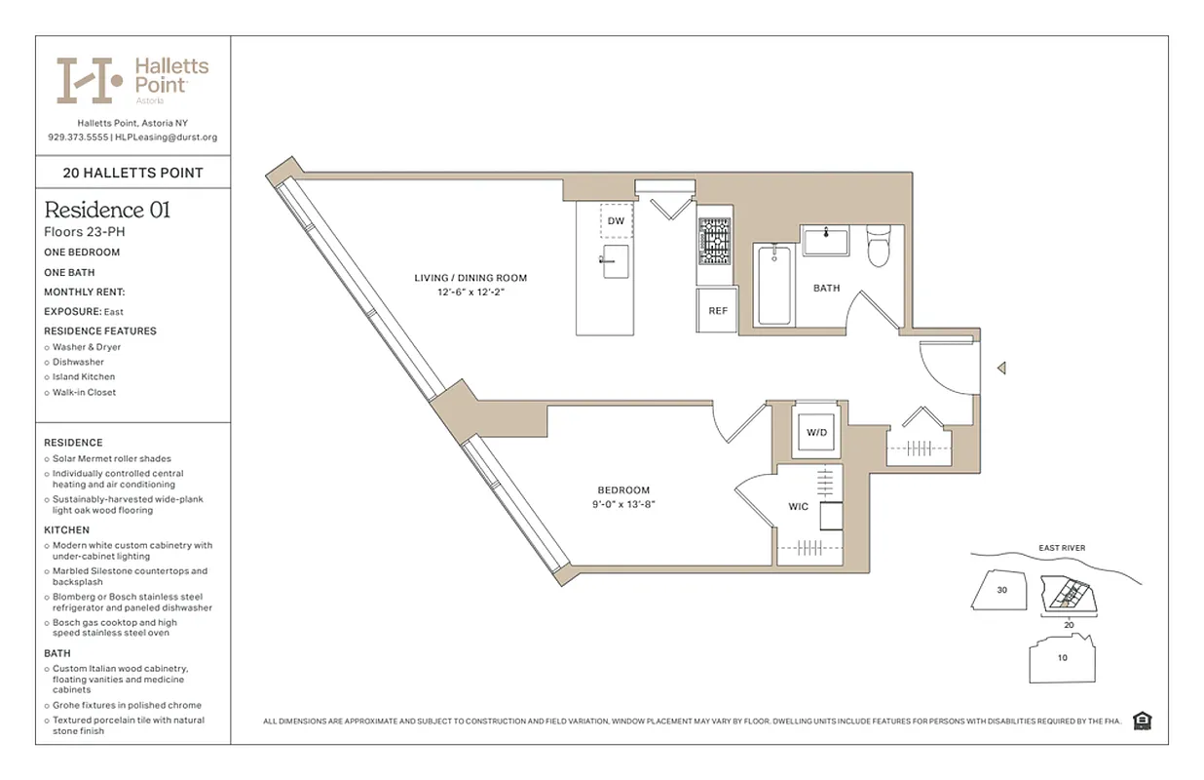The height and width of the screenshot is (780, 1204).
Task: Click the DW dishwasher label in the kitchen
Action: tap(616, 221)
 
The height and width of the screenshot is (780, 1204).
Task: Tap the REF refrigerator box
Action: tap(717, 311)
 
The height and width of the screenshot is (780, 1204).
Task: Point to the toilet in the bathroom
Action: tap(879, 247)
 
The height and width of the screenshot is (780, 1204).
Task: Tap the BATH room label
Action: tap(826, 288)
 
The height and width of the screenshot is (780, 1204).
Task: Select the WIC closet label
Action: tap(799, 507)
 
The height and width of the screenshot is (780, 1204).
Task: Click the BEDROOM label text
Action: tap(623, 490)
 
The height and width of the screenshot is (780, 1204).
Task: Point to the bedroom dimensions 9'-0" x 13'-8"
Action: tap(623, 504)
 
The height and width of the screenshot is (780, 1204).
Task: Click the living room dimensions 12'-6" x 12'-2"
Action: tap(471, 292)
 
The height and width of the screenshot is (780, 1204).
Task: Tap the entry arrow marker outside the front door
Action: tap(1000, 369)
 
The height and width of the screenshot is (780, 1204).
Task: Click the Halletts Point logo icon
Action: tap(89, 80)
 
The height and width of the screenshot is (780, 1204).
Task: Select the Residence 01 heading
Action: tap(107, 210)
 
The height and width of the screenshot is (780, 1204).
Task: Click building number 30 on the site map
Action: tap(1001, 591)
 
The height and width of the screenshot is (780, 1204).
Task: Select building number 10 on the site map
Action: tap(1062, 657)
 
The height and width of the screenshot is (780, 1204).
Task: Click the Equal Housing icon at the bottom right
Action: tap(1143, 721)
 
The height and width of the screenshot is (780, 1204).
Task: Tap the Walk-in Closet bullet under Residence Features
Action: tap(84, 392)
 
